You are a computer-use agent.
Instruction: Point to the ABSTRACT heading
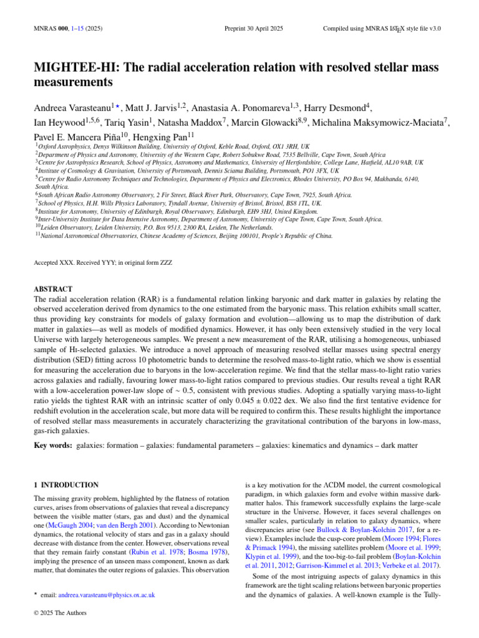(x=54, y=289)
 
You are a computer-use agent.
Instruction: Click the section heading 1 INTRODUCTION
(x=65, y=484)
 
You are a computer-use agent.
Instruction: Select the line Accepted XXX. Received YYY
(x=104, y=263)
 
